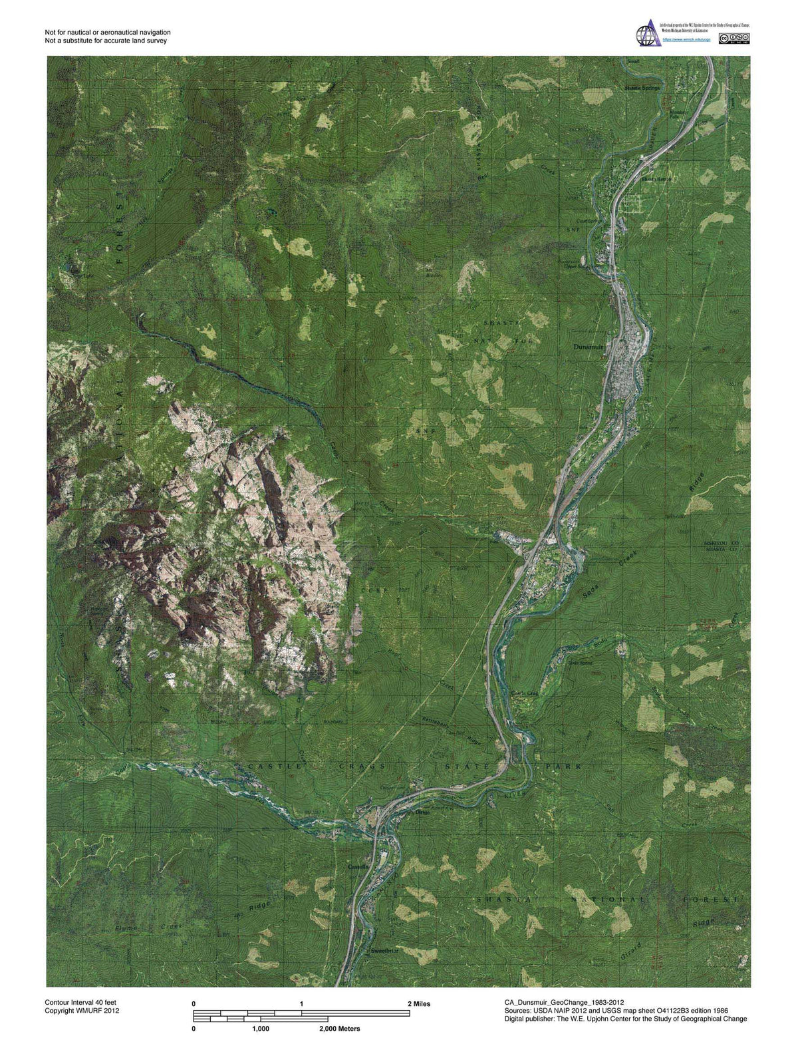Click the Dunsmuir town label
pyautogui.click(x=588, y=347)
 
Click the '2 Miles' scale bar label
pyautogui.click(x=419, y=1003)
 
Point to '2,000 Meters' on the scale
pyautogui.click(x=339, y=1029)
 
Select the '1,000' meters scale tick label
pyautogui.click(x=261, y=1029)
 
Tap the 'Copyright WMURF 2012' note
pyautogui.click(x=82, y=1010)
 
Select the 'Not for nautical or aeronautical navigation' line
pyautogui.click(x=108, y=32)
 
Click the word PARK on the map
pyautogui.click(x=564, y=767)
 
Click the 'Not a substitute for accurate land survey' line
pyautogui.click(x=106, y=41)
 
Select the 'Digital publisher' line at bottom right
pyautogui.click(x=626, y=1019)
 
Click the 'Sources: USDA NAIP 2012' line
pyautogui.click(x=616, y=1010)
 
